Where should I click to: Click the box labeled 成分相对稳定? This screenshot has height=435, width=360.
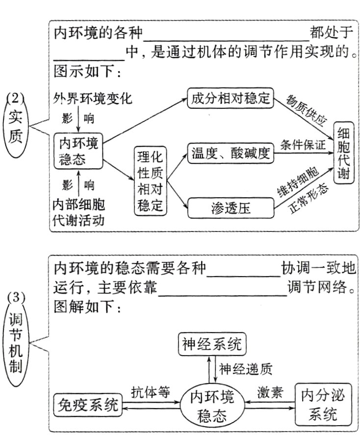pos(230,98)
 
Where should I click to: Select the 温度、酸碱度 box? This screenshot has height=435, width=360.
pos(230,154)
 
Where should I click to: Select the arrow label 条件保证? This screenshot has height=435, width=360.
pos(303,145)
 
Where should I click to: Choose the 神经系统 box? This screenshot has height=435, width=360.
pos(211,344)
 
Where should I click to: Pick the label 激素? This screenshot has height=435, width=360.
pos(269,392)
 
